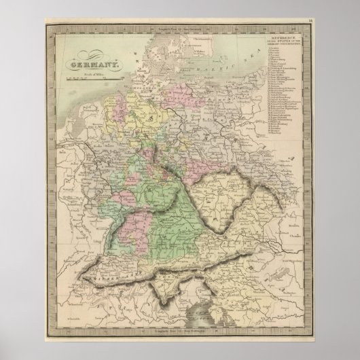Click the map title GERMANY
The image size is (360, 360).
click(91, 65)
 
